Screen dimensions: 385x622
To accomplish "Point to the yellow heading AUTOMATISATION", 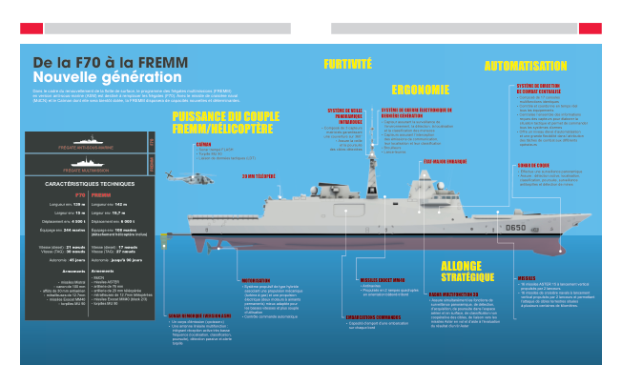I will [x=526, y=67].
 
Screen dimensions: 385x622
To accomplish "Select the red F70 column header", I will [x=53, y=193].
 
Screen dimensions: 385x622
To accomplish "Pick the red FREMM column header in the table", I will [x=101, y=193].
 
